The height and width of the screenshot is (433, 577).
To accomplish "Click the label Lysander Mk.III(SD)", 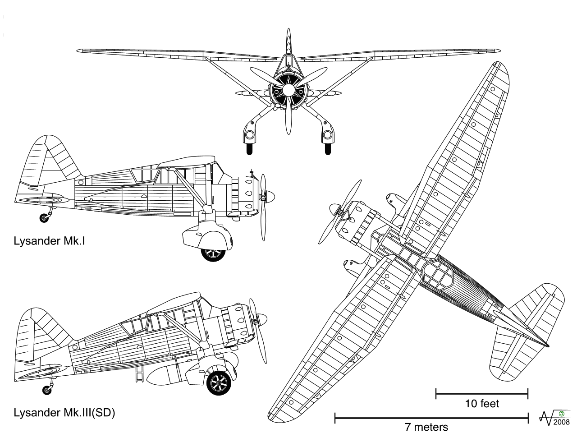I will click(64, 413).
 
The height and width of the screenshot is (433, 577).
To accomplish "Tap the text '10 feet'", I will click(482, 404).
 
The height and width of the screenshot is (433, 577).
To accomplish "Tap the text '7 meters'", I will click(426, 427).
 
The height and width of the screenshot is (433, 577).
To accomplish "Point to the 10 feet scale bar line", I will click(481, 394).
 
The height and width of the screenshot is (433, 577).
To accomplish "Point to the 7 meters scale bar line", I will click(431, 418).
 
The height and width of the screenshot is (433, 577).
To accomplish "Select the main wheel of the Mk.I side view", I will click(212, 253).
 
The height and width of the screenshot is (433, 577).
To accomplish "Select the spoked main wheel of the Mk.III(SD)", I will click(219, 382).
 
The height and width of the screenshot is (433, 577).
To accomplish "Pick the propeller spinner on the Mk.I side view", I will click(270, 196).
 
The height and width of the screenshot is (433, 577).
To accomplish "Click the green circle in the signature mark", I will click(561, 414).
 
